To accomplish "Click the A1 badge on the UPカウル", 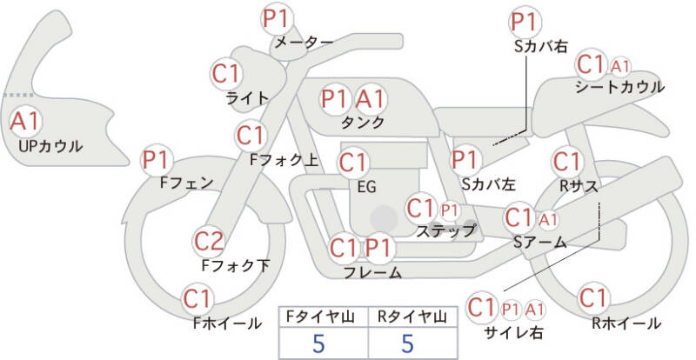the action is [x=25, y=121].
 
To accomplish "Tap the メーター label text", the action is [x=304, y=42].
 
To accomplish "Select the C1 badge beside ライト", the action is [x=226, y=73].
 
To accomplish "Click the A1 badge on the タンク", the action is [x=371, y=98].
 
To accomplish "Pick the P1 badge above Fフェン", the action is [x=157, y=160].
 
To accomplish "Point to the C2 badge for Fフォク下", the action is [x=210, y=242].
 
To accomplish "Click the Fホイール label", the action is [x=227, y=323].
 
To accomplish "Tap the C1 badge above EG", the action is [x=353, y=163].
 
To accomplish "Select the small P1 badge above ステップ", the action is [x=449, y=211].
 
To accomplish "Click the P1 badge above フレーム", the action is [x=379, y=248].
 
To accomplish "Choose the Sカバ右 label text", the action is [x=541, y=47].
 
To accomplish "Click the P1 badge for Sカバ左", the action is [x=465, y=160].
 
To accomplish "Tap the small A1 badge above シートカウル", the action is [x=620, y=67].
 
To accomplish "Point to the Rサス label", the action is [x=578, y=186].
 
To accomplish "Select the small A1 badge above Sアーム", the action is [x=548, y=219].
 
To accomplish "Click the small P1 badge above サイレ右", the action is [x=511, y=310].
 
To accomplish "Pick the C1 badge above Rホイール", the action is [x=593, y=298].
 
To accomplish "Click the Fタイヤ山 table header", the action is [x=323, y=317].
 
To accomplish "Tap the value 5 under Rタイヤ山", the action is [x=407, y=343].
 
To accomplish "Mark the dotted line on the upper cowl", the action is [x=18, y=95].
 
